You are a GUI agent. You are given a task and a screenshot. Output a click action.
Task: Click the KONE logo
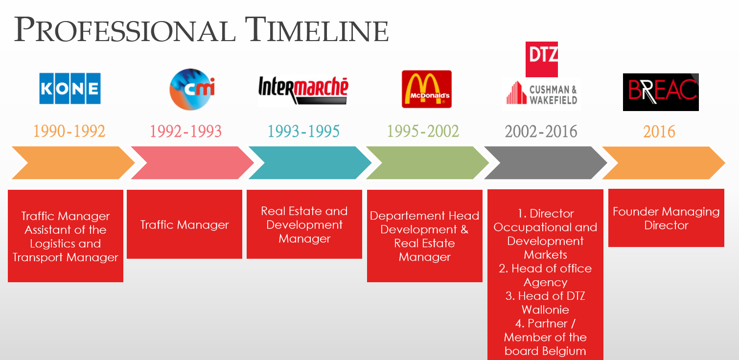coord(70,89)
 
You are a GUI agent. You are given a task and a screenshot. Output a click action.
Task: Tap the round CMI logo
coord(192,90)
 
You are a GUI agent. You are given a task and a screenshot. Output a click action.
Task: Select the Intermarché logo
coord(303,90)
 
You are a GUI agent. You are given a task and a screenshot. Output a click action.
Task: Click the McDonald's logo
coord(427,89)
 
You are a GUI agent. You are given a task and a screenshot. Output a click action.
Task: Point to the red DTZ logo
coord(542,59)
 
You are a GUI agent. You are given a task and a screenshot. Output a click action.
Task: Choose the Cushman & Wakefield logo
coord(541,94)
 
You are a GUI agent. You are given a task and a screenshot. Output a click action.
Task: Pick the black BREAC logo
coord(661,92)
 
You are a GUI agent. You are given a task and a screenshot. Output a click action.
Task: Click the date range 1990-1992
coord(69,131)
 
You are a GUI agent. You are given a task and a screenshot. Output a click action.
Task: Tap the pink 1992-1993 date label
coord(186,131)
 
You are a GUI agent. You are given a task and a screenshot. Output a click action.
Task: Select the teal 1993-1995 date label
coord(303,131)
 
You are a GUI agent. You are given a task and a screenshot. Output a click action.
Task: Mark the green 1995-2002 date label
coord(423,131)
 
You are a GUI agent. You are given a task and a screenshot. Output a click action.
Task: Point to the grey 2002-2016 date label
coord(541,131)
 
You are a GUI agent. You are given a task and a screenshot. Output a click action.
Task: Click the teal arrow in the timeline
coord(310,163)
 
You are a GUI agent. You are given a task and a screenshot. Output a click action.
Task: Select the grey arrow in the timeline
coord(546,163)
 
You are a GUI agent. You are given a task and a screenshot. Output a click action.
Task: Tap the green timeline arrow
coord(428,163)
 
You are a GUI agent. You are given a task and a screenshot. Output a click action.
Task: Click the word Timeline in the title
coord(317,30)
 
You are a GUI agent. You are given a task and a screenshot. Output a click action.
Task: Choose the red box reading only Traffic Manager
coord(185,224)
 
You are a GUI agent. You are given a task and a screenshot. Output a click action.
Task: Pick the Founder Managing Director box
coord(666,218)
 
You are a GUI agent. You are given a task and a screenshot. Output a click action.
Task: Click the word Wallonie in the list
coord(545,310)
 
